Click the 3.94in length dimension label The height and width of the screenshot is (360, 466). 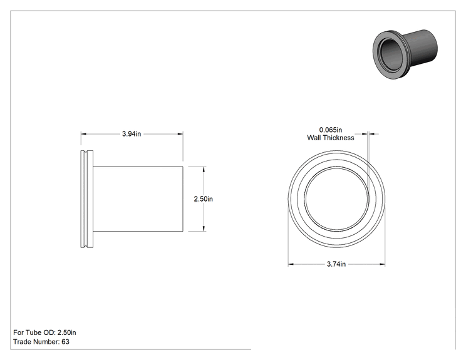[x=132, y=134]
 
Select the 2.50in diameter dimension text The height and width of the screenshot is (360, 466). [x=204, y=198]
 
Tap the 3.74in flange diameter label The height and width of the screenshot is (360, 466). [x=336, y=264]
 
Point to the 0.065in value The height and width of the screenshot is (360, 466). [x=331, y=130]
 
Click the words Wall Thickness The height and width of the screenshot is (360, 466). [x=331, y=138]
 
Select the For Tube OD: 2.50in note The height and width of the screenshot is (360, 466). [x=44, y=332]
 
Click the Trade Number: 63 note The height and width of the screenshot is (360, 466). [x=41, y=342]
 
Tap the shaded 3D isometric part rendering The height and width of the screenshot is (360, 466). [x=405, y=54]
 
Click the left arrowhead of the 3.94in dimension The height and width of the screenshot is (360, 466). [x=83, y=134]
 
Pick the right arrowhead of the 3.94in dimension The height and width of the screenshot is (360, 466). [x=180, y=134]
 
